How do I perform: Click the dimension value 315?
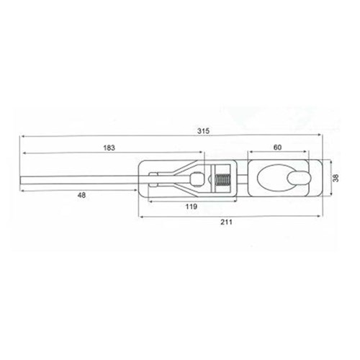click(x=203, y=131)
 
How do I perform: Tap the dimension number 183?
click(x=109, y=148)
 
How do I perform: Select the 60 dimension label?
click(x=277, y=147)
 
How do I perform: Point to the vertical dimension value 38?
click(x=336, y=178)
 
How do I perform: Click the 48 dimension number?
click(x=81, y=195)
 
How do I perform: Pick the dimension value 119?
click(x=192, y=207)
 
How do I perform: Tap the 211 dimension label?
click(x=226, y=222)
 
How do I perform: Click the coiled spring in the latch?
click(x=223, y=179)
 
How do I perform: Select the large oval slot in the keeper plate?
click(x=276, y=178)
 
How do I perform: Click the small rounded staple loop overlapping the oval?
click(x=300, y=178)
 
